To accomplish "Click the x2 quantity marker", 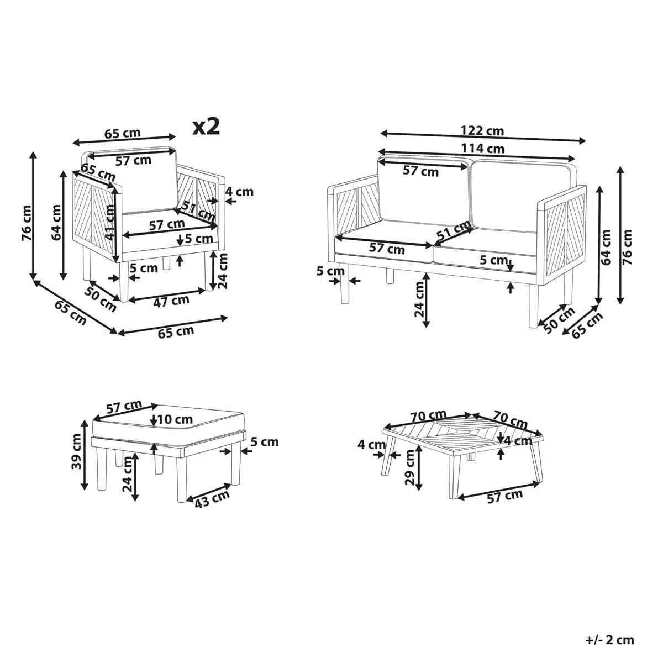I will coord(206,127).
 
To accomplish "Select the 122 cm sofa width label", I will coord(482,131).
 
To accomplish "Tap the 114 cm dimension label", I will coord(482,148).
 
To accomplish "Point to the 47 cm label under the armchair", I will coord(171,301).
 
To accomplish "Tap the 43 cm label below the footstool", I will coord(212,497).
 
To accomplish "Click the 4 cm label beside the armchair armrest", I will coord(239,192).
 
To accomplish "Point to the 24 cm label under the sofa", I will coord(420,299).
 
